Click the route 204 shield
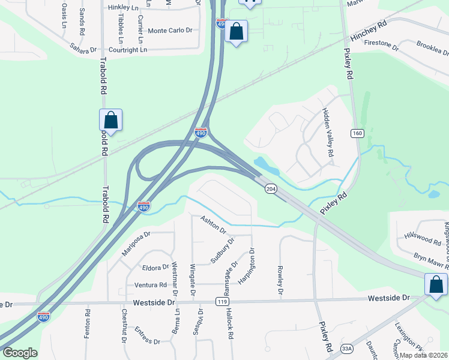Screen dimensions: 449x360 coord(270,188)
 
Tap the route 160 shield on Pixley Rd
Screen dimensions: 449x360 coord(357,132)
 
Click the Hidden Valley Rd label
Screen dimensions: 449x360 coord(328,133)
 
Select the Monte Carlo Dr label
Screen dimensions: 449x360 coord(170,31)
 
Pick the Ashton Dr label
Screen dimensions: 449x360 coord(213,226)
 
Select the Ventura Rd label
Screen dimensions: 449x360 coord(151,285)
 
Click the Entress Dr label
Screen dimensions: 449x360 coord(147,336)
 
